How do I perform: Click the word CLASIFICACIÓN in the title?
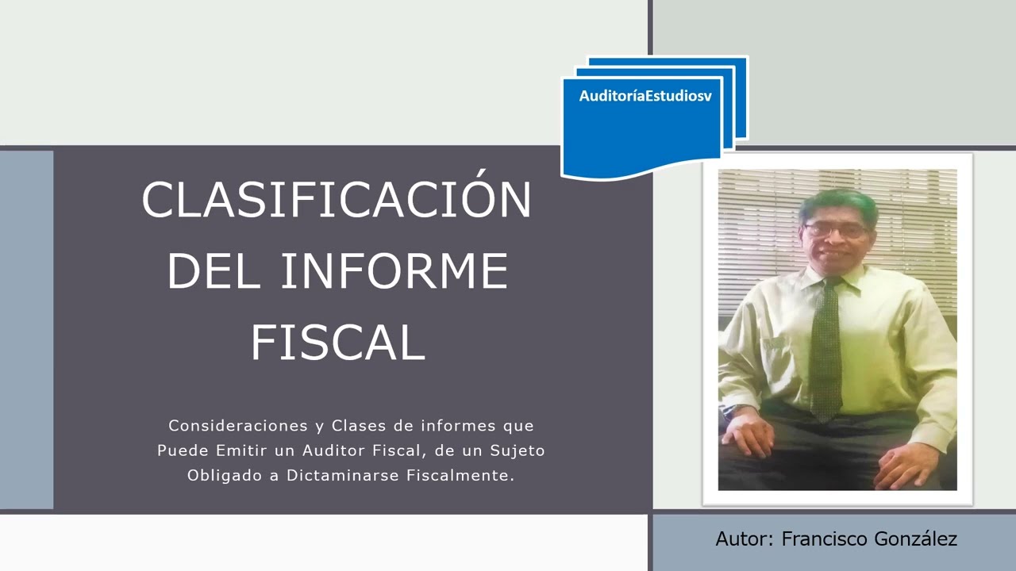pyautogui.click(x=337, y=200)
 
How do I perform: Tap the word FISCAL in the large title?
pyautogui.click(x=338, y=343)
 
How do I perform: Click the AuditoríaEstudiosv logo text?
pyautogui.click(x=645, y=96)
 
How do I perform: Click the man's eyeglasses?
pyautogui.click(x=836, y=230)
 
